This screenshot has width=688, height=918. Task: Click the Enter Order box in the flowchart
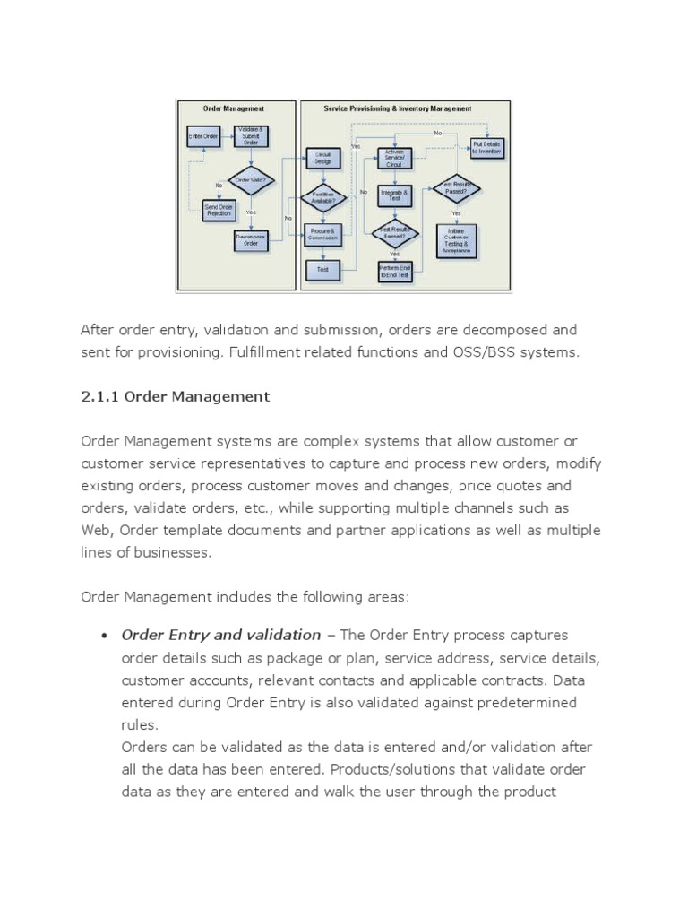coord(203,136)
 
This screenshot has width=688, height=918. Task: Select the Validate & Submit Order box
coord(250,135)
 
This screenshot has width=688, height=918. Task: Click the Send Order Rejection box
coord(218,209)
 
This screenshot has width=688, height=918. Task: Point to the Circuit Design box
coord(322,158)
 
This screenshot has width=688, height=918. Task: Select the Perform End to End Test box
coord(394,272)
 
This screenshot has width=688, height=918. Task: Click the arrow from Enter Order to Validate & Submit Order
coord(226,136)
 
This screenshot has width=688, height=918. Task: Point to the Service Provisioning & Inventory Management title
coord(398,108)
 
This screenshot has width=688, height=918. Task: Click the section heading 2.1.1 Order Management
coord(175,396)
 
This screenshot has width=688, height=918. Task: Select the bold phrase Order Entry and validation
coord(220,635)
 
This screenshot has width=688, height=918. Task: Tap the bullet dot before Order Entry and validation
coord(104,636)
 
